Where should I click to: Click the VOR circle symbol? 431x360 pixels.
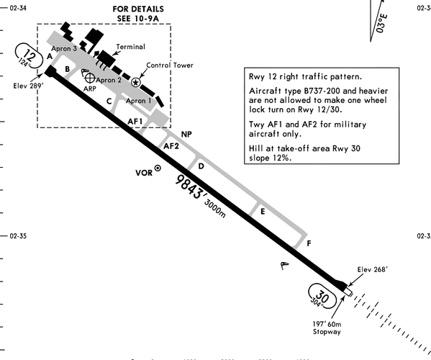(x=158, y=168)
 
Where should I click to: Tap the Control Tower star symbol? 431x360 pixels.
(x=135, y=82)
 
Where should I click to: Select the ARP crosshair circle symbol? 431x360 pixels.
(x=90, y=78)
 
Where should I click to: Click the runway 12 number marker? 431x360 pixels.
(x=29, y=56)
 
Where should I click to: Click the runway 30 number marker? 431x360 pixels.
(x=322, y=296)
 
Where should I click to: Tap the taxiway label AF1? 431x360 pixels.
(x=135, y=121)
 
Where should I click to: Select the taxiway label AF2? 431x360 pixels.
(x=171, y=146)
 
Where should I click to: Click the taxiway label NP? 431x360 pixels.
(x=186, y=134)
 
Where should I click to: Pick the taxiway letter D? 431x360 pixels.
(x=201, y=166)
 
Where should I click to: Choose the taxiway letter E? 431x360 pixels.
(x=263, y=212)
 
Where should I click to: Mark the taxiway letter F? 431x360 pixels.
(x=309, y=243)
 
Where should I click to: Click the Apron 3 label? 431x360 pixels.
(x=64, y=49)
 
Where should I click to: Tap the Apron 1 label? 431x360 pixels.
(x=139, y=101)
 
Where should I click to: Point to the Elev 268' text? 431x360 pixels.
(x=373, y=269)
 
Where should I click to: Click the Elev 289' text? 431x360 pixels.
(x=28, y=86)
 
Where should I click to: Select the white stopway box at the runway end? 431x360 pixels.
(x=348, y=292)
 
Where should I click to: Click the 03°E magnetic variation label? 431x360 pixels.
(x=382, y=23)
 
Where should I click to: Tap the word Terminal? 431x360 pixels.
(x=130, y=47)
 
